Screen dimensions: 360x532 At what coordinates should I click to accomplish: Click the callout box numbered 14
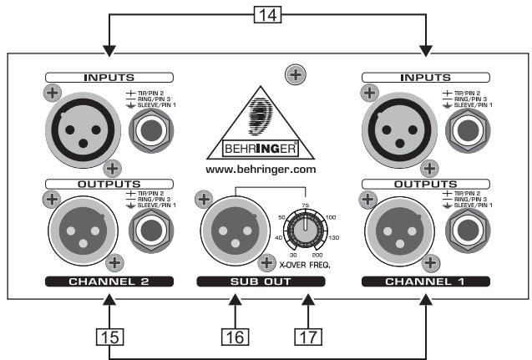point(267,15)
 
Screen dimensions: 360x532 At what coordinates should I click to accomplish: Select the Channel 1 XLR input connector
point(393,125)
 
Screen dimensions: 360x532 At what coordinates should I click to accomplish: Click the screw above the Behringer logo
point(293,75)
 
